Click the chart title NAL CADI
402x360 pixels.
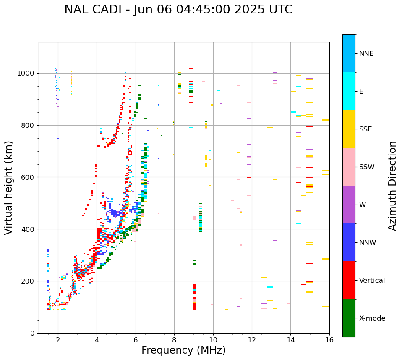178,10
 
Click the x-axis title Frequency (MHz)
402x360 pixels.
183,350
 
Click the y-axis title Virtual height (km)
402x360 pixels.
9,188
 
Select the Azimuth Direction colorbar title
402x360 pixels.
392,186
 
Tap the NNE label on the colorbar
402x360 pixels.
366,54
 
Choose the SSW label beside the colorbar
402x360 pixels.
367,167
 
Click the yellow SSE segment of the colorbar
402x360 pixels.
349,129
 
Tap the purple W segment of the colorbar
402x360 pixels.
349,205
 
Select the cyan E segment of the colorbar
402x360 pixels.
349,91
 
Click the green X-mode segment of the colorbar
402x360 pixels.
349,318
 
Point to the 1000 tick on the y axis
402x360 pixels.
26,74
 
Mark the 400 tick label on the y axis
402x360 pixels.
28,229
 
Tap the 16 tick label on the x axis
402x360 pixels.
329,340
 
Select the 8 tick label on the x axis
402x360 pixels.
174,340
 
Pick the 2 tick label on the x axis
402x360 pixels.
58,340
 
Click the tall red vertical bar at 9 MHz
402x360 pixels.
195,297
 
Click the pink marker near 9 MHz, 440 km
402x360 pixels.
194,218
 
